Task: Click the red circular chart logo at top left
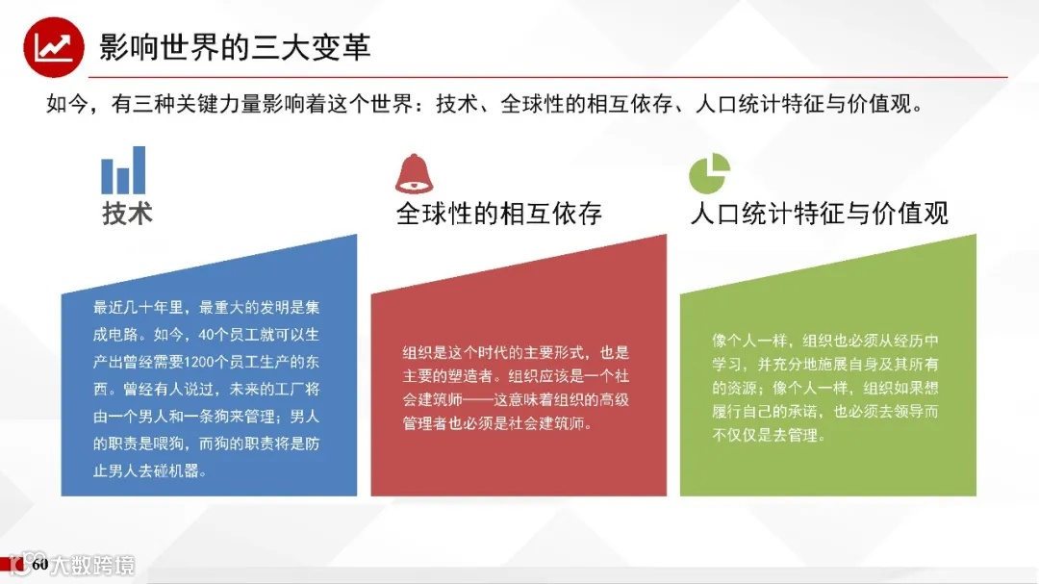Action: coord(53,46)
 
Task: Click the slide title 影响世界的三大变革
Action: coord(235,47)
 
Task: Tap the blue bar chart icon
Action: coord(124,170)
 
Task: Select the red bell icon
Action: coord(415,174)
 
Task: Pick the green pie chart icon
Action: coord(709,174)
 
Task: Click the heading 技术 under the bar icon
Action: coord(128,213)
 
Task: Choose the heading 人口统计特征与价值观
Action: coord(819,214)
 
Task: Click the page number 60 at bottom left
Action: coord(39,565)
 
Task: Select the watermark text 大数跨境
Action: coord(92,565)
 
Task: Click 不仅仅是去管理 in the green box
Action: coord(765,435)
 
